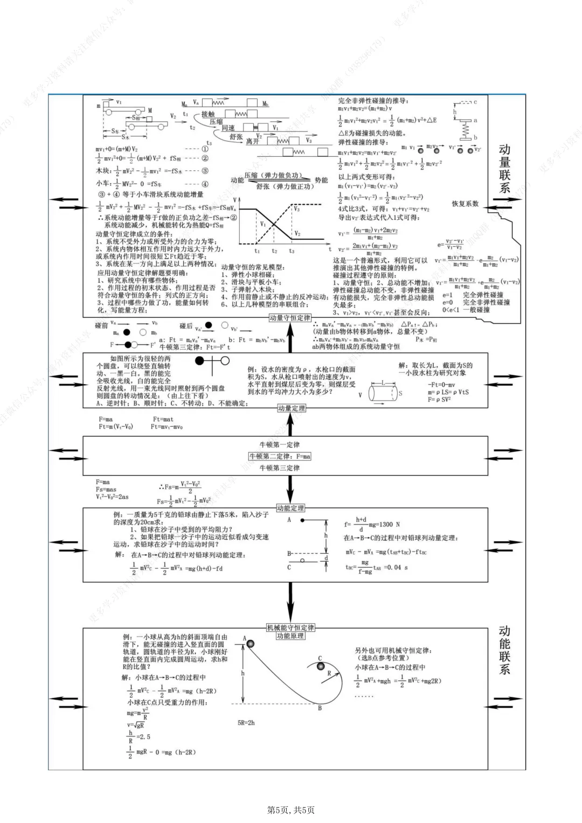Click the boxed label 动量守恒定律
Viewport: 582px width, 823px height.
click(290, 318)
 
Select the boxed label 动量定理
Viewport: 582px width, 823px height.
click(292, 408)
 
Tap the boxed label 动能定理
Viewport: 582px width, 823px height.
click(290, 508)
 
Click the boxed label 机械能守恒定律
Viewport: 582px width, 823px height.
click(290, 627)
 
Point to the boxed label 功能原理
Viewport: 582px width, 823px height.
click(290, 636)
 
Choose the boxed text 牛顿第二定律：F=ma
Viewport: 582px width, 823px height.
click(280, 456)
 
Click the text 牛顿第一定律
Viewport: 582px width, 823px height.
click(280, 445)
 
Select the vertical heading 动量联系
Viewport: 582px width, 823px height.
click(504, 169)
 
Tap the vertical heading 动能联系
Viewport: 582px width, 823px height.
click(504, 650)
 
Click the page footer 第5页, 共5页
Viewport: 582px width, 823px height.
click(291, 810)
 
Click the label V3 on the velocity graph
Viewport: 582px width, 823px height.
click(296, 209)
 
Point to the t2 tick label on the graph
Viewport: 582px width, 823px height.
click(274, 251)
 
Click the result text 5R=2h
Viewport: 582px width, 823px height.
click(246, 723)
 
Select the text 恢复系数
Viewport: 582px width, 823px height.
click(465, 204)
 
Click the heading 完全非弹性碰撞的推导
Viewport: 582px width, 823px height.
click(373, 101)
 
